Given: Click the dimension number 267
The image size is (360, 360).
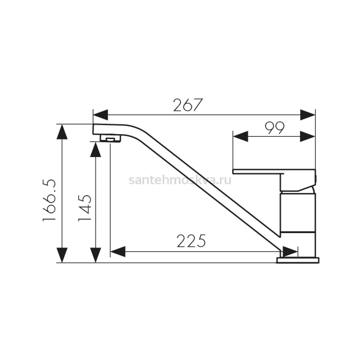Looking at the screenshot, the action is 188,105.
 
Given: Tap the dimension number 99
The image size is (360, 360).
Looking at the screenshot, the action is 274,128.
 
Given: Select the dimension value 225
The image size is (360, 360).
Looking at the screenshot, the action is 191,241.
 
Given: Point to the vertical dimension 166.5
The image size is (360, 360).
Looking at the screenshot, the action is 49,200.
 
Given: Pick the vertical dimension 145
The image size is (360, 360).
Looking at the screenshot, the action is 85,208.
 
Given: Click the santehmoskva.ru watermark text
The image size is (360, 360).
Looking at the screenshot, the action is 180,180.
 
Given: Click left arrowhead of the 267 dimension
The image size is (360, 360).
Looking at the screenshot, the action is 100,115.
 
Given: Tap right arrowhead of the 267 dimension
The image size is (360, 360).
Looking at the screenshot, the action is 308,115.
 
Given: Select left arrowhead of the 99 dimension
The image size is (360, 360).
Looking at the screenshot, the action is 241,136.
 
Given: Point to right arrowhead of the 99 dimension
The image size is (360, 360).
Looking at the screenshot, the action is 307,136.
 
